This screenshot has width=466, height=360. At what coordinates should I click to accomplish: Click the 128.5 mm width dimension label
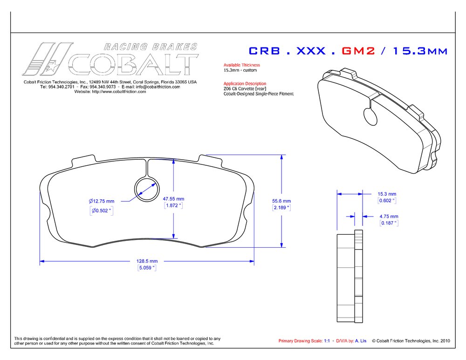(147, 261)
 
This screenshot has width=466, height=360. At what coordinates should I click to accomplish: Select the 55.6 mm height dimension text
(281, 201)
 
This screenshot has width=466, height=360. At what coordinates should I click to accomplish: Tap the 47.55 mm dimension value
(173, 199)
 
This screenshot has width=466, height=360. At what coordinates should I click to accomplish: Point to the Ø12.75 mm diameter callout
(101, 201)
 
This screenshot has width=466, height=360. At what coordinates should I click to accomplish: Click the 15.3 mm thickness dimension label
(387, 194)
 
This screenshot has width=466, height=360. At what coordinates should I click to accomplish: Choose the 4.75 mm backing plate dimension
(389, 217)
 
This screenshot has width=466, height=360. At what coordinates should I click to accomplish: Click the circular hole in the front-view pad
(146, 189)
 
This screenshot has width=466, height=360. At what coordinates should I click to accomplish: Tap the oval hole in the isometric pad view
(370, 116)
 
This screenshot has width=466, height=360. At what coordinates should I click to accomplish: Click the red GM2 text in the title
(358, 51)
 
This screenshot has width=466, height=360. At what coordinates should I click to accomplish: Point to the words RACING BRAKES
(151, 47)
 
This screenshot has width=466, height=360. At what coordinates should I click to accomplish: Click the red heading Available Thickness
(241, 65)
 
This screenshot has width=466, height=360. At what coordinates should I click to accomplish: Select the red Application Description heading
(245, 83)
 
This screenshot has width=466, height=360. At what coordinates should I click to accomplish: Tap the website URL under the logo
(110, 92)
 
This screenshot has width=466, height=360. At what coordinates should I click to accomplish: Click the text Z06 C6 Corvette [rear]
(245, 88)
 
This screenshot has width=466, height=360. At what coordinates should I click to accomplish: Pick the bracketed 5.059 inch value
(147, 268)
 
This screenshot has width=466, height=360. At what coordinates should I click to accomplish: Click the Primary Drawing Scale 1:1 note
(304, 341)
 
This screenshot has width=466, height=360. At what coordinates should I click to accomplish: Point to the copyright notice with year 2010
(411, 341)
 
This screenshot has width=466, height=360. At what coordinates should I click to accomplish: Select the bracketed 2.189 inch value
(281, 208)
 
